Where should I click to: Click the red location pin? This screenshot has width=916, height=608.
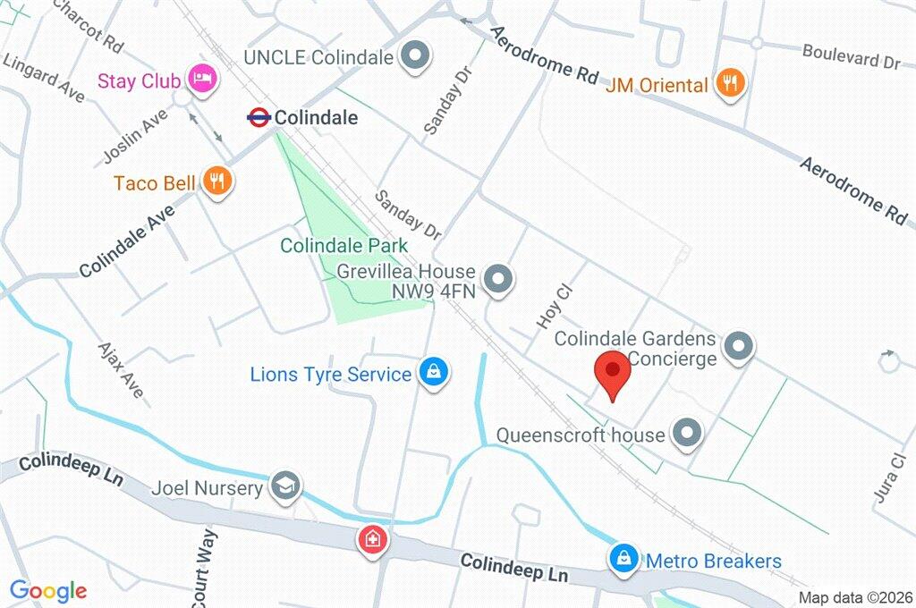pos(613,371)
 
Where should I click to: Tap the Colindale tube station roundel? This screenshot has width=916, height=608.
pos(259,116)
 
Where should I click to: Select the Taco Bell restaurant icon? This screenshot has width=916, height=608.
pos(216,182)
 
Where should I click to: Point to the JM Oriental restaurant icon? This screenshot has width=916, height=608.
pos(731,84)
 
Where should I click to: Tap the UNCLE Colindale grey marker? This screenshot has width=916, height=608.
pos(414,56)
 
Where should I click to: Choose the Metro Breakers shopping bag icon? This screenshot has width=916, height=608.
pos(623,560)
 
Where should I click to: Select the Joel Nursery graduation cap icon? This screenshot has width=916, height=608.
pos(286,486)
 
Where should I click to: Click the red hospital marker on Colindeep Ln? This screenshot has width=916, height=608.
pos(370,539)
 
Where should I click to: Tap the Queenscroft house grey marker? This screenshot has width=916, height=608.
pos(687,434)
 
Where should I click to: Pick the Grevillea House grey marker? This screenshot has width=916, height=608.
pos(500,280)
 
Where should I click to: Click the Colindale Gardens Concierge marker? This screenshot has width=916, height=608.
pos(739,347)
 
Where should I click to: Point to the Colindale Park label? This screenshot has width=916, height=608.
pos(343,245)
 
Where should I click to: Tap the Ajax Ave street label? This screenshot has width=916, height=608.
pos(120,372)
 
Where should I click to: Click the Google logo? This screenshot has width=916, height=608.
pos(48,590)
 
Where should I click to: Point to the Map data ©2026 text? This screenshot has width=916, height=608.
pos(854,597)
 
